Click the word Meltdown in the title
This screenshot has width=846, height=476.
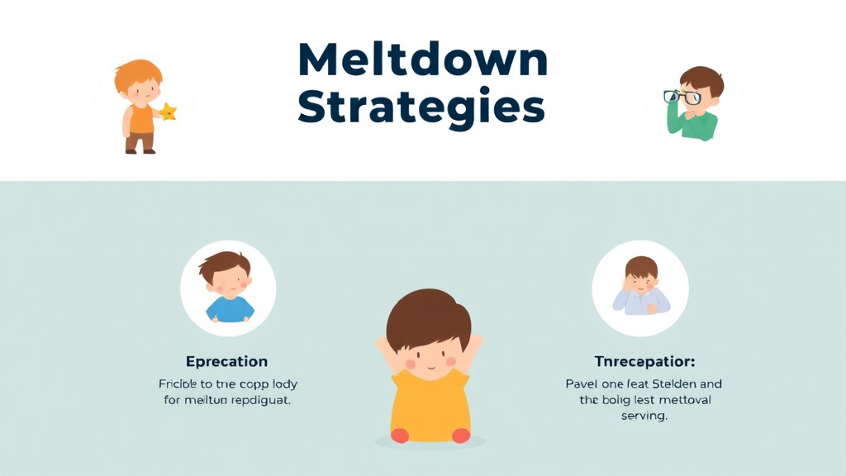pyautogui.click(x=422, y=60)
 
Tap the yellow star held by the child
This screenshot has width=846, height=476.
pyautogui.click(x=168, y=112)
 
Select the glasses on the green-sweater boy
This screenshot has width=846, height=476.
pyautogui.click(x=682, y=97)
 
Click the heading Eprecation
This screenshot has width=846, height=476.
pyautogui.click(x=226, y=361)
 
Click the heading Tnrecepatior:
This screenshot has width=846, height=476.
pyautogui.click(x=644, y=361)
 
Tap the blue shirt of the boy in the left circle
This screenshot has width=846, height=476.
pyautogui.click(x=229, y=310)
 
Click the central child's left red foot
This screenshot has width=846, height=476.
pyautogui.click(x=400, y=435)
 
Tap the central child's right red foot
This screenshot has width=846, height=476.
pyautogui.click(x=461, y=435)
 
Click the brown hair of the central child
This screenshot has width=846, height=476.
pyautogui.click(x=428, y=314)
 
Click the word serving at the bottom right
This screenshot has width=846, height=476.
pyautogui.click(x=643, y=416)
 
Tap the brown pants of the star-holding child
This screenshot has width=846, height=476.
pyautogui.click(x=140, y=142)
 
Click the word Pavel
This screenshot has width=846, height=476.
pyautogui.click(x=583, y=384)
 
